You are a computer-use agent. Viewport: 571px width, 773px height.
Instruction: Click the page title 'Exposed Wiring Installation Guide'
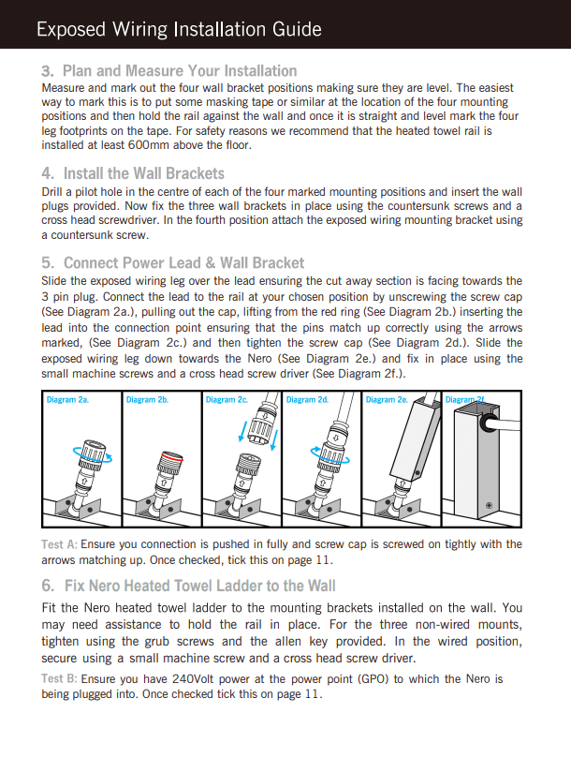coord(179,30)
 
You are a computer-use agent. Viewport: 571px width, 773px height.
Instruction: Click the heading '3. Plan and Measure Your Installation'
coord(169,71)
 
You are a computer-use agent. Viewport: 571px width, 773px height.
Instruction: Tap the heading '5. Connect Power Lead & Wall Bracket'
coord(173,262)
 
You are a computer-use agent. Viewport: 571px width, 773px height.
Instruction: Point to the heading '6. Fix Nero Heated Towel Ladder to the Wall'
coord(188,586)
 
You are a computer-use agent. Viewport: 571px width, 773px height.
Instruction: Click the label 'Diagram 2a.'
coord(67,400)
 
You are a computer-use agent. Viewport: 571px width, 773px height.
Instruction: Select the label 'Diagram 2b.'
coord(147,400)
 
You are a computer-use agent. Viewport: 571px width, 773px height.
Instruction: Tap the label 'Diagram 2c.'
coord(227,400)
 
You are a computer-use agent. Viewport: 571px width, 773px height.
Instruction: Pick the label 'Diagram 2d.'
coord(307,400)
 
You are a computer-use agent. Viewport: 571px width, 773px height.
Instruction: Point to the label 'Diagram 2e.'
coord(386,400)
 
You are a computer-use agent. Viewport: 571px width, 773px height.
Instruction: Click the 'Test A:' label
coord(59,544)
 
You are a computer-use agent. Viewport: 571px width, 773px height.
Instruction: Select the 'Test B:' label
coord(59,678)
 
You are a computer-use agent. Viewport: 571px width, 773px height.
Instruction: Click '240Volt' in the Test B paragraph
coord(198,678)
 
